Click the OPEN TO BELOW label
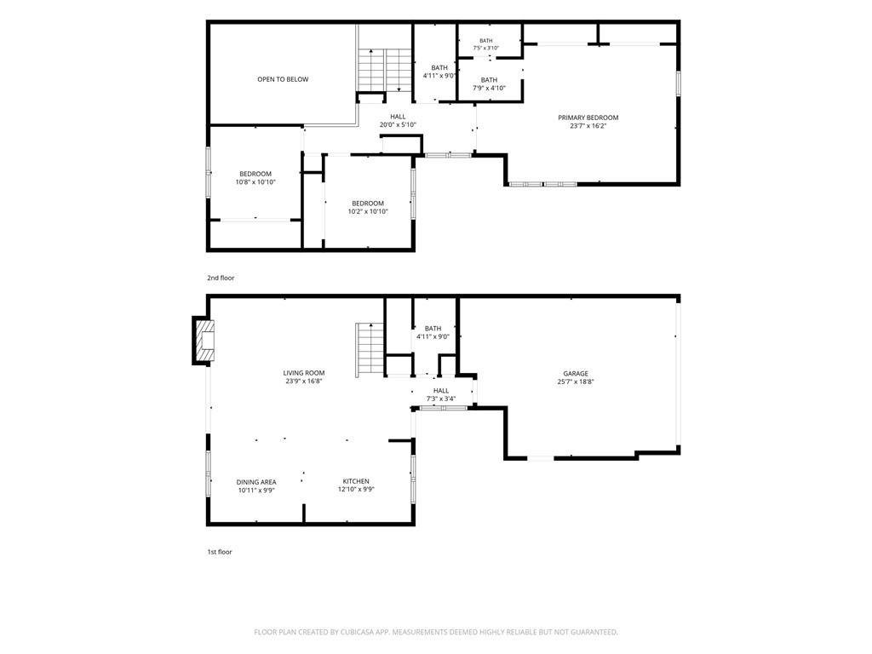(x=283, y=79)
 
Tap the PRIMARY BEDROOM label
(x=588, y=118)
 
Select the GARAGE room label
(x=575, y=374)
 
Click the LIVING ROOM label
(x=304, y=373)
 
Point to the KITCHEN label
(x=356, y=482)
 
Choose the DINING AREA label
(x=256, y=482)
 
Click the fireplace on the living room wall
(x=204, y=341)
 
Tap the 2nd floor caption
(x=221, y=278)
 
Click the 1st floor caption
(x=220, y=552)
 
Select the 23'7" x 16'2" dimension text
(x=588, y=126)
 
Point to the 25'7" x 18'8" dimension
(x=576, y=382)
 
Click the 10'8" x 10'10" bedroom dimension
(x=255, y=182)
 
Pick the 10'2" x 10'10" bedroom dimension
(x=368, y=212)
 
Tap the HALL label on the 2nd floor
(x=398, y=117)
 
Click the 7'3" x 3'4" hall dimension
(x=441, y=399)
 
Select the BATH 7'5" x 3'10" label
(x=486, y=44)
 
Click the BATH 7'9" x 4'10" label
(x=489, y=84)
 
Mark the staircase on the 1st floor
(x=370, y=350)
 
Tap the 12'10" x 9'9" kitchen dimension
(x=356, y=490)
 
